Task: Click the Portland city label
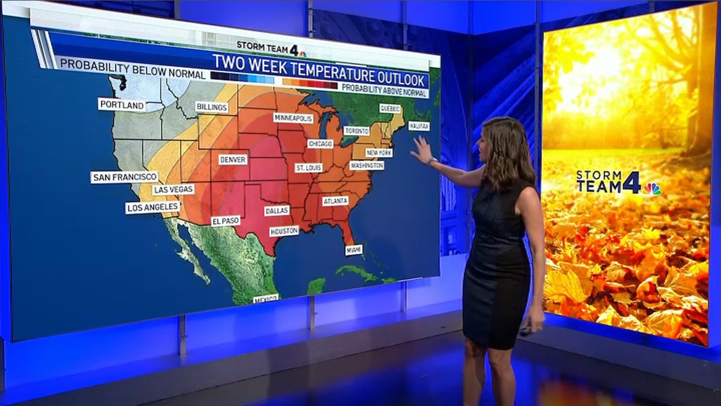coord(122,105)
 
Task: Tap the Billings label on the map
coord(212,107)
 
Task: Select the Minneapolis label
coord(293,118)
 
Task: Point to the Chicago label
coord(320,144)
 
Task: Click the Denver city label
coord(233,160)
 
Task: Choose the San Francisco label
coord(124,177)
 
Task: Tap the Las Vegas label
coord(173,189)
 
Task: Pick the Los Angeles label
coord(153,208)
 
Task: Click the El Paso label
coord(225,221)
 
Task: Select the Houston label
coord(284,231)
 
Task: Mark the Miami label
coord(353,250)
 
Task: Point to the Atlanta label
coord(335,201)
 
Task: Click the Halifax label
coord(419,126)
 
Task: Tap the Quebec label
coord(389,109)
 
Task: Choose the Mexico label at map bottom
coord(265,299)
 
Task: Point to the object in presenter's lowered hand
coord(526,330)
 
